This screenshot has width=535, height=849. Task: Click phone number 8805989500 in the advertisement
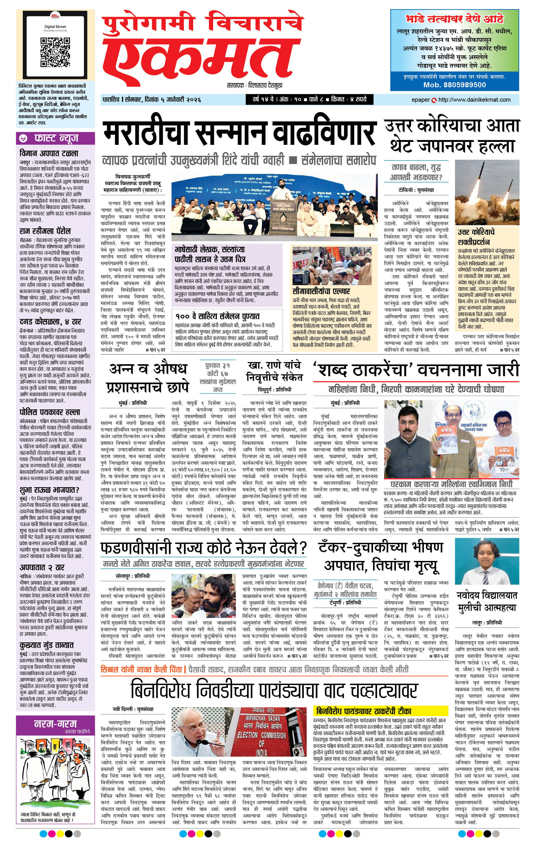[x=455, y=85]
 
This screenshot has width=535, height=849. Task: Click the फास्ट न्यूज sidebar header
[x=56, y=138]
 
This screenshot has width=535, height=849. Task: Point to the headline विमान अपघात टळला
[x=49, y=153]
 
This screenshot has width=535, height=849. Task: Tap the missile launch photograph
[x=487, y=192]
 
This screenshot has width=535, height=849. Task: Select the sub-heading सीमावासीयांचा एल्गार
[x=321, y=291]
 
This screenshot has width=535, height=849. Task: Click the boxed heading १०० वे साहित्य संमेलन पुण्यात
[x=217, y=316]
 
